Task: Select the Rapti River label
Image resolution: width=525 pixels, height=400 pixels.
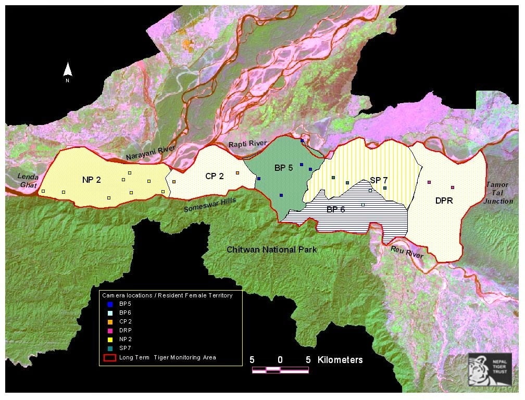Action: coord(247,143)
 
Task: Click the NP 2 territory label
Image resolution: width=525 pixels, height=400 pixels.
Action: coord(91,180)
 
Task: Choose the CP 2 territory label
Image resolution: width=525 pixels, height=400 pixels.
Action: coord(214,176)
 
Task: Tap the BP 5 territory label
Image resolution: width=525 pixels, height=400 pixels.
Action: coord(284,168)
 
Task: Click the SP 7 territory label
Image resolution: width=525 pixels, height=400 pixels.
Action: coord(380,180)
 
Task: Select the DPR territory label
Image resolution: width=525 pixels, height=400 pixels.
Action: coord(444,199)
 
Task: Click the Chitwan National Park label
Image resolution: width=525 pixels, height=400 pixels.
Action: coord(271,250)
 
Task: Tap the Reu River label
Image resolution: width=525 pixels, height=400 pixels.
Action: coord(407,253)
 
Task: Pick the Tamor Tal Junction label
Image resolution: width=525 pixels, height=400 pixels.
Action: coord(499,193)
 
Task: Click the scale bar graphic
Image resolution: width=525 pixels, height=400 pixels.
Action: coord(280,370)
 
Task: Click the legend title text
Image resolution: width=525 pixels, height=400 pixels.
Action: coord(167,295)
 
